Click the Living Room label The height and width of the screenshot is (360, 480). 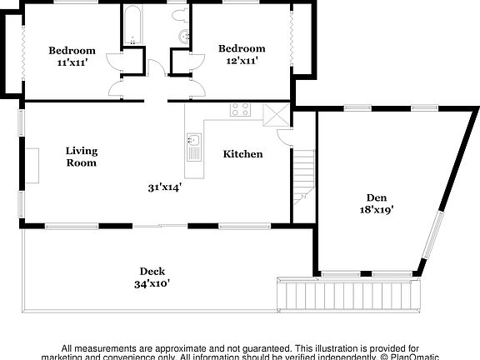click(82, 157)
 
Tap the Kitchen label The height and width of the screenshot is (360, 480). click(242, 154)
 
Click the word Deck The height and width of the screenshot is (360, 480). click(152, 271)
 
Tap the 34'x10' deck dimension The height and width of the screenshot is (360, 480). click(152, 283)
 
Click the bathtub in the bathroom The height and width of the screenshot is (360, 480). click(132, 26)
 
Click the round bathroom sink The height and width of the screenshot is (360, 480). click(183, 36)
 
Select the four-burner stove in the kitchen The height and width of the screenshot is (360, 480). click(240, 109)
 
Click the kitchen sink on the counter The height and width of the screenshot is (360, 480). click(193, 147)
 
